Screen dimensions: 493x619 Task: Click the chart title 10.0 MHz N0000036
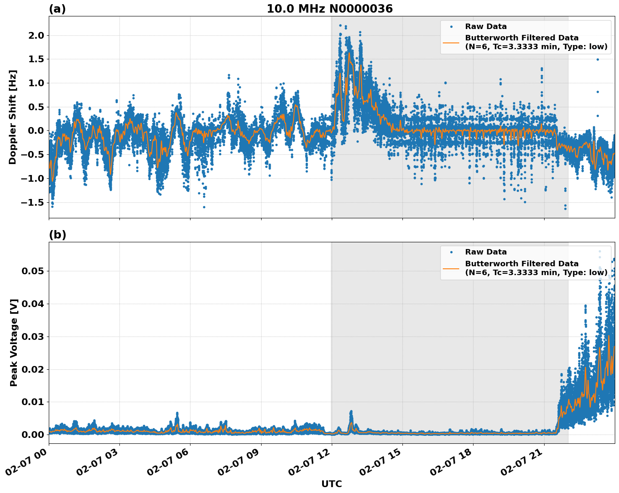tap(329, 9)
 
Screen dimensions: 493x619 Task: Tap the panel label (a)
tap(57, 9)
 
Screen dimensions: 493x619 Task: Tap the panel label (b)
tap(57, 235)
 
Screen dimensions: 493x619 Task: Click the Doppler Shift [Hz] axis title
tap(13, 117)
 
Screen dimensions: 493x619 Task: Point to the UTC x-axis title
tap(331, 484)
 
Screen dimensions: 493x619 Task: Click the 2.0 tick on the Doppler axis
tap(35, 35)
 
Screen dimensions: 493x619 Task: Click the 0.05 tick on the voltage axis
tap(33, 271)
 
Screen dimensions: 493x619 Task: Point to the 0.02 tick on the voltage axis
tap(33, 369)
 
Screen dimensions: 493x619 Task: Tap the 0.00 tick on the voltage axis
tap(33, 435)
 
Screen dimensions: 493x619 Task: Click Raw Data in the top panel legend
tap(486, 27)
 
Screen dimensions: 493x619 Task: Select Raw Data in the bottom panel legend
tap(486, 252)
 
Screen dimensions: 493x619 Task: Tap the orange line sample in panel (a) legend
tap(451, 42)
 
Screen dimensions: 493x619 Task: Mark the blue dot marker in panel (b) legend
tap(451, 252)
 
